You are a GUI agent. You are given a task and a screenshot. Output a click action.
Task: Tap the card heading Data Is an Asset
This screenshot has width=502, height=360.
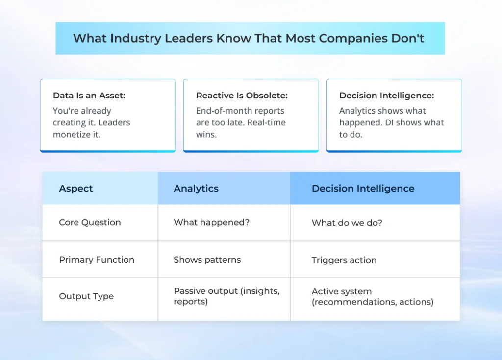(x=89, y=96)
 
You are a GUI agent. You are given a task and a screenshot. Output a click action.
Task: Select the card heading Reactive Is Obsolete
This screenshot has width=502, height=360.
(x=242, y=96)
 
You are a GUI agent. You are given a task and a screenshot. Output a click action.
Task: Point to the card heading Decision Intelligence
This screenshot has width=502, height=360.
(x=386, y=96)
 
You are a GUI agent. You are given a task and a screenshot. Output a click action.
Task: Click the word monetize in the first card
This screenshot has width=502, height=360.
(x=71, y=134)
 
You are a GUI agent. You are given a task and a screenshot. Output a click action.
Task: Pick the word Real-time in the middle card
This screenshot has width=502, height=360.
(x=267, y=122)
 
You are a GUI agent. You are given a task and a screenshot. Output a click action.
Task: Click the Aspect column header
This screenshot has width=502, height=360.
(x=76, y=189)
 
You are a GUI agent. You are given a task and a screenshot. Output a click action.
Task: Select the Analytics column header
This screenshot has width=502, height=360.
(x=196, y=189)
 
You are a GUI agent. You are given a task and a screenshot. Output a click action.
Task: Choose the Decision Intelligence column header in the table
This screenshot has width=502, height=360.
(x=363, y=189)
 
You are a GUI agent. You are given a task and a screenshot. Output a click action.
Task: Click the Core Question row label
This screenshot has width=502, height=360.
(x=90, y=222)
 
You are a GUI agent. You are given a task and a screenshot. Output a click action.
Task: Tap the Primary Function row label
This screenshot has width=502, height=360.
(x=97, y=260)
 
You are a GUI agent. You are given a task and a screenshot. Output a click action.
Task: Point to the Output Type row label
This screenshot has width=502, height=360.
(x=86, y=296)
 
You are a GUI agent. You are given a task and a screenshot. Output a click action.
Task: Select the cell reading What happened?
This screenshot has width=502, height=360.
(x=211, y=222)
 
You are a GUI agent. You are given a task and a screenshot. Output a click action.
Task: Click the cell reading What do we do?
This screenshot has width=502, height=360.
(x=347, y=223)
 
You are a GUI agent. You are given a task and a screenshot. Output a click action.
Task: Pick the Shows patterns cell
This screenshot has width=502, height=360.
(x=207, y=260)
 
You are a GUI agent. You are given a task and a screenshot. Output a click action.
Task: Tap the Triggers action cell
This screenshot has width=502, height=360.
(x=344, y=260)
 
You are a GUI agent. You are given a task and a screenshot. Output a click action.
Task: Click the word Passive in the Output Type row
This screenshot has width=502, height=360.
(x=189, y=291)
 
